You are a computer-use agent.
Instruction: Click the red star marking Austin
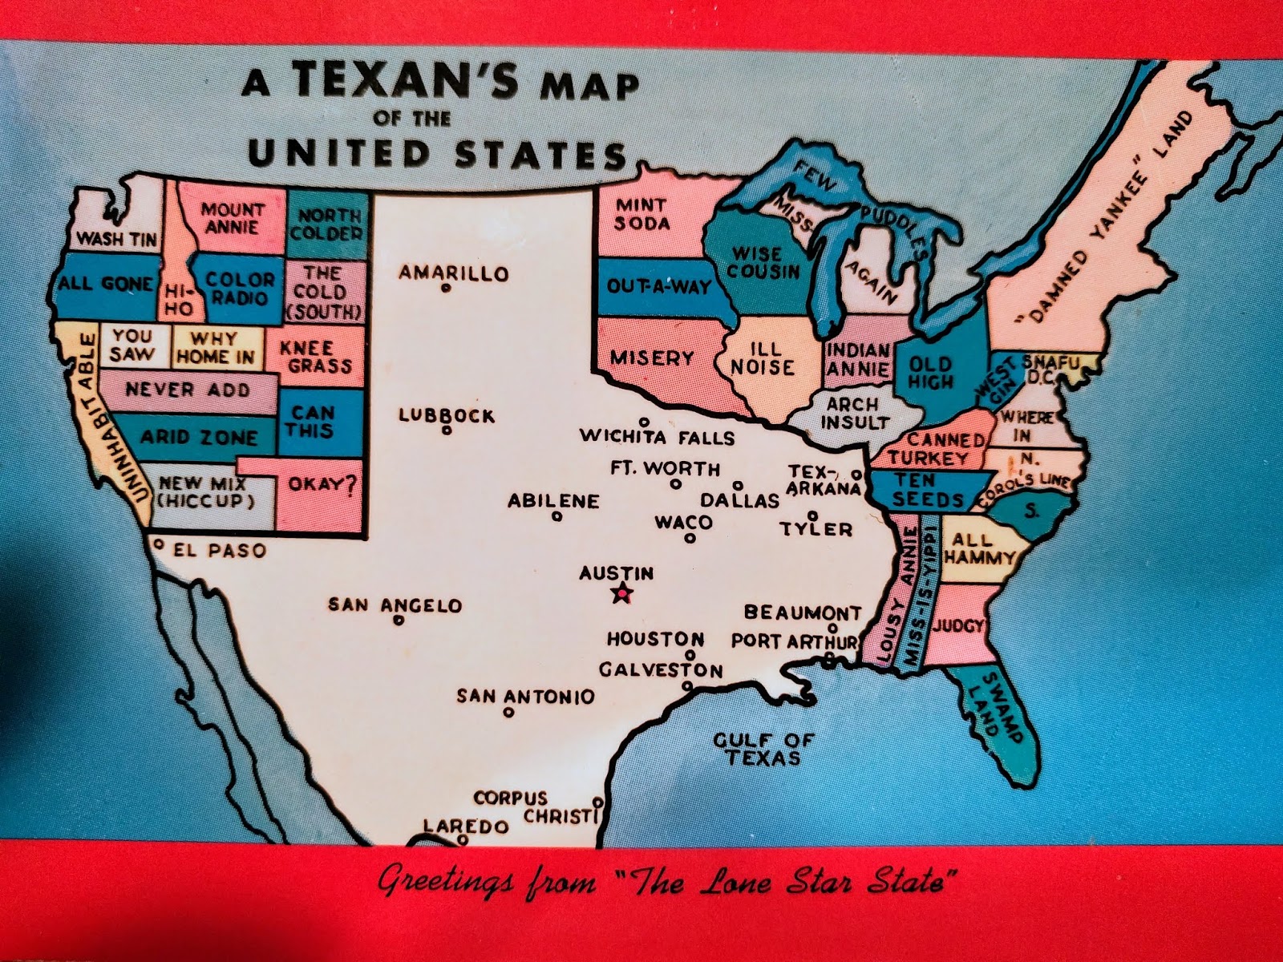(x=621, y=594)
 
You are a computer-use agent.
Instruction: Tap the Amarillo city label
(x=454, y=273)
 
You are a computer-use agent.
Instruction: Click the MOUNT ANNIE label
(x=231, y=218)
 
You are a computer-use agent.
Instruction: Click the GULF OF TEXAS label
(x=763, y=749)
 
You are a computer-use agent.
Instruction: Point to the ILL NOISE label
(x=761, y=358)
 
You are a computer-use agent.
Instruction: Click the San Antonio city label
(x=526, y=696)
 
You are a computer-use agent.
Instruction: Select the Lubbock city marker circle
(x=447, y=430)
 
